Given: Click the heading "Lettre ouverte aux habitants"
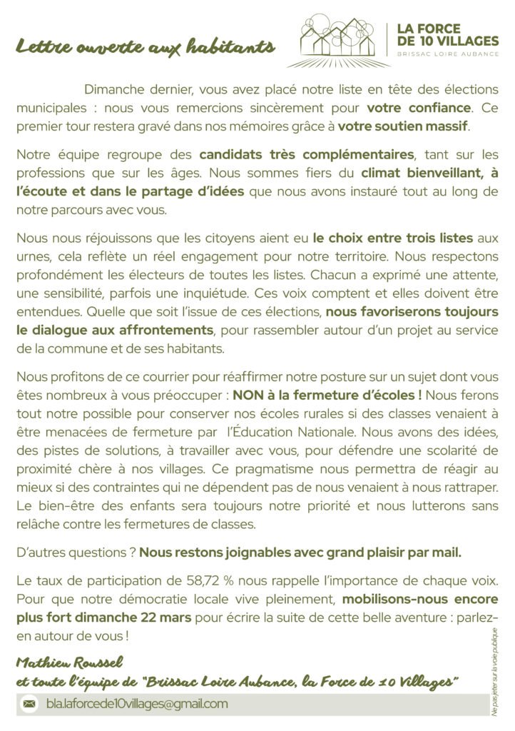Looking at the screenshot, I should [146, 48].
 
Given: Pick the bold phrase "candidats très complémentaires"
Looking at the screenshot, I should [306, 154].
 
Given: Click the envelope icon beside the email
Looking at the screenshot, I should [29, 704].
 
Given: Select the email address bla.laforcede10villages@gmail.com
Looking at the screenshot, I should [136, 704].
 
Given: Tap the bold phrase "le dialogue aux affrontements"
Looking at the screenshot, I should [114, 331].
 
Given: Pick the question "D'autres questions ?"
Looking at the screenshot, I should [75, 552].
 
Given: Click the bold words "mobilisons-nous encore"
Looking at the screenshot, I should [419, 599].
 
